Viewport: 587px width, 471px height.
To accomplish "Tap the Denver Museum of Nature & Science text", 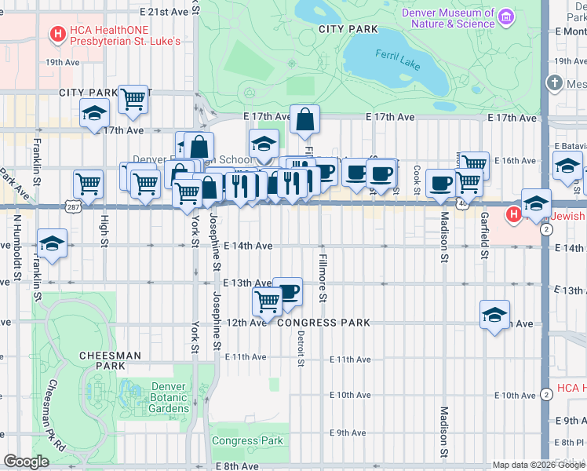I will [x=448, y=18].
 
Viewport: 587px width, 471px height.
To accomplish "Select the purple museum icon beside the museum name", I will [x=506, y=16].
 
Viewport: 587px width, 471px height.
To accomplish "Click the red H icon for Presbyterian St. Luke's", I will [x=57, y=34].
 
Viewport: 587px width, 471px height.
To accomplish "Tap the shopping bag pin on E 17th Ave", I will [x=304, y=120].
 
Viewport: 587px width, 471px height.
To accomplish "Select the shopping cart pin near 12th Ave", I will [x=268, y=301].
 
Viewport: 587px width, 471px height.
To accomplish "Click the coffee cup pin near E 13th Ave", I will [x=288, y=291].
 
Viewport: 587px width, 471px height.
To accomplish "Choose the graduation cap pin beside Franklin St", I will [x=52, y=243].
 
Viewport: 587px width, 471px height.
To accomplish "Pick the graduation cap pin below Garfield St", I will [x=494, y=315].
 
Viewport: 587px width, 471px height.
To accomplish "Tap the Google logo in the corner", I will [x=26, y=462].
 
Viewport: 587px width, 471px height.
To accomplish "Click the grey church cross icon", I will [x=555, y=82].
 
